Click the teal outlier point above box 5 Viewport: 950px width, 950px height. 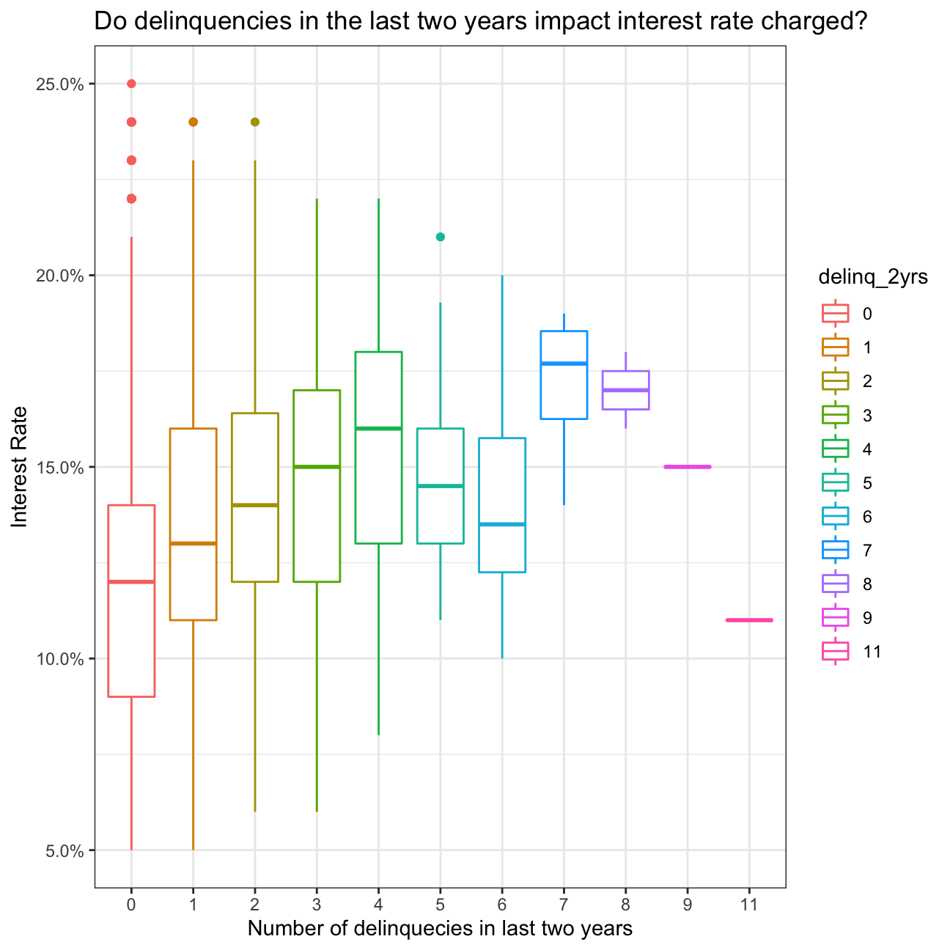pos(440,237)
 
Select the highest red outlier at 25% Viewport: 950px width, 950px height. pos(131,84)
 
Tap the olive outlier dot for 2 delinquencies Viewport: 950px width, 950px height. pos(255,122)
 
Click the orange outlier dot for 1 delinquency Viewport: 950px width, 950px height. pos(193,122)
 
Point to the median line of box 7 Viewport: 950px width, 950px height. pos(564,364)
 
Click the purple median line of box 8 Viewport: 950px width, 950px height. pos(625,390)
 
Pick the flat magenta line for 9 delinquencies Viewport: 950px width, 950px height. pos(688,467)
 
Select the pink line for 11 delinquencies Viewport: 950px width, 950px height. pos(749,620)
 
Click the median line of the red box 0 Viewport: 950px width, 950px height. pos(131,581)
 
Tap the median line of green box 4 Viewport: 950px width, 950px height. pos(378,428)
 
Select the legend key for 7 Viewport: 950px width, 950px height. pos(835,550)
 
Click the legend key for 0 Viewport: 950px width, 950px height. pos(835,314)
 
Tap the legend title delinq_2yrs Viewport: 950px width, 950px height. pos(873,277)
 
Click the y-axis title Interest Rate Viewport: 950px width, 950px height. pos(20,467)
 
